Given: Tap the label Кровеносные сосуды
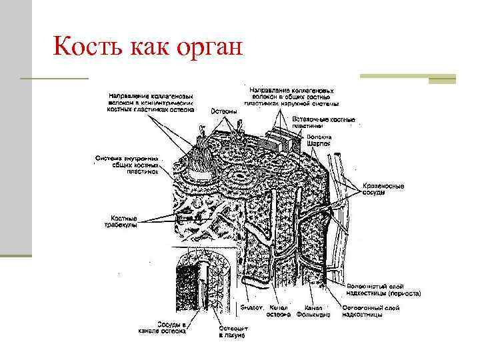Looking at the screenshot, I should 383,188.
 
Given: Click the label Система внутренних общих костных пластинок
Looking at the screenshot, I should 127,165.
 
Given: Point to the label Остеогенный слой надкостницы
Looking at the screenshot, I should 371,311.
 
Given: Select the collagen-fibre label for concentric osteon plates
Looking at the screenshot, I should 151,104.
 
